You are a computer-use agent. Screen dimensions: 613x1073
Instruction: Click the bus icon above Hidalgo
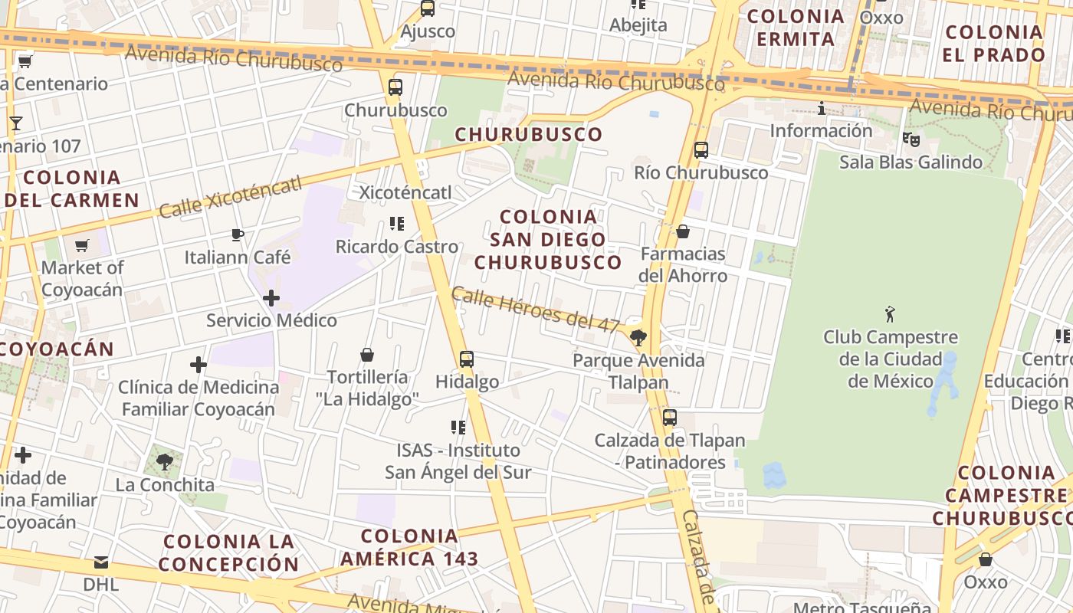[x=466, y=359]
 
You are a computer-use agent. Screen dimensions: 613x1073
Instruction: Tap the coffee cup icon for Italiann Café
[x=238, y=234]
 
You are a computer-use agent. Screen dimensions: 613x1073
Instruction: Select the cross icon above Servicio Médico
[x=271, y=298]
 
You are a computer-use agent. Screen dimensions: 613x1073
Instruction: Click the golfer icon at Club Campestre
[x=890, y=313]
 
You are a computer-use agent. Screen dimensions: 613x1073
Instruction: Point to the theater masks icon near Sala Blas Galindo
[x=911, y=139]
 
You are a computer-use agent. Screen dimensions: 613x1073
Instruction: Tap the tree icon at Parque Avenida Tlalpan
[x=638, y=337]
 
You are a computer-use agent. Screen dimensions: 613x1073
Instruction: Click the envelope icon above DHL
[x=101, y=562]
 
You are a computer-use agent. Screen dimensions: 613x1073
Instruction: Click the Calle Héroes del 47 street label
[x=535, y=310]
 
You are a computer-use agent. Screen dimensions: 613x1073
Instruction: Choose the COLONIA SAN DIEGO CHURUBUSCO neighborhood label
[x=547, y=239]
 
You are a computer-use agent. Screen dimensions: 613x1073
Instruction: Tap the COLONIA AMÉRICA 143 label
[x=409, y=547]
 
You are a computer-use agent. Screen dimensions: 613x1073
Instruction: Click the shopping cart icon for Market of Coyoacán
[x=82, y=246]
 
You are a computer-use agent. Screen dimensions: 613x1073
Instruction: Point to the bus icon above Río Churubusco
[x=701, y=150]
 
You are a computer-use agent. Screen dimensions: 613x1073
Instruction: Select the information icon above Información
[x=822, y=109]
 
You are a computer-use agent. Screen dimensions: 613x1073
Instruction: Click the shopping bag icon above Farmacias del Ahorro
[x=683, y=231]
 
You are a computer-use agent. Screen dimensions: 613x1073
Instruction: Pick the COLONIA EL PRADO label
[x=994, y=43]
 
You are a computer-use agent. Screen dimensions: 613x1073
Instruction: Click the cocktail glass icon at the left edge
[x=15, y=123]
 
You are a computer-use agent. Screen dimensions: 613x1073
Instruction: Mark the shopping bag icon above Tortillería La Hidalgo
[x=367, y=355]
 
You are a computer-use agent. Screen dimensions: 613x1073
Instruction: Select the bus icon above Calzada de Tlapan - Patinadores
[x=669, y=418]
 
